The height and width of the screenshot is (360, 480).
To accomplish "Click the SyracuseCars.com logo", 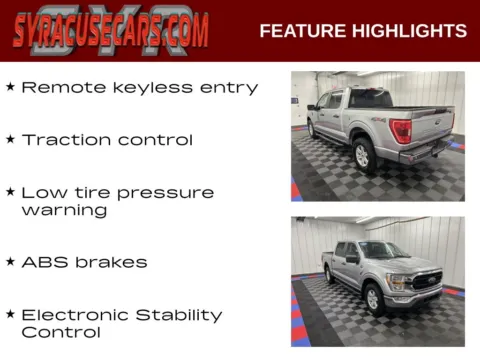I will (x=111, y=30).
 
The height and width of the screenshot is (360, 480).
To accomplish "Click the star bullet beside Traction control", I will (x=10, y=140).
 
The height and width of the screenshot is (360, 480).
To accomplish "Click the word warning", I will (x=64, y=210).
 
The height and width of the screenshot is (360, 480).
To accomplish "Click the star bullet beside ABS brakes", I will (x=10, y=262).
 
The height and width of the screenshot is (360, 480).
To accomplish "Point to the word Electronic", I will (x=78, y=314).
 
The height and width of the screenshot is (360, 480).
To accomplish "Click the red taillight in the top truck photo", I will (x=401, y=131).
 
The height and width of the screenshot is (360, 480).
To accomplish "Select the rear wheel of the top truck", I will (x=362, y=155).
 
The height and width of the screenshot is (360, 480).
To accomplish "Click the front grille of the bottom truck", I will (x=426, y=281).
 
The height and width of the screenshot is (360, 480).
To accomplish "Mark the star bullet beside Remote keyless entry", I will (x=10, y=88).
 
